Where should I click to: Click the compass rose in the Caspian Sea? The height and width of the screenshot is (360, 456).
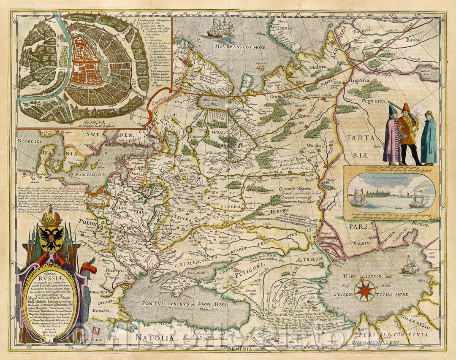click(364, 290)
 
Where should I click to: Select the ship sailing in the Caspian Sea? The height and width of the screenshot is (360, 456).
click(409, 266)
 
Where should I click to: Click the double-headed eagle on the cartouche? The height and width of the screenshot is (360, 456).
click(52, 235)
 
